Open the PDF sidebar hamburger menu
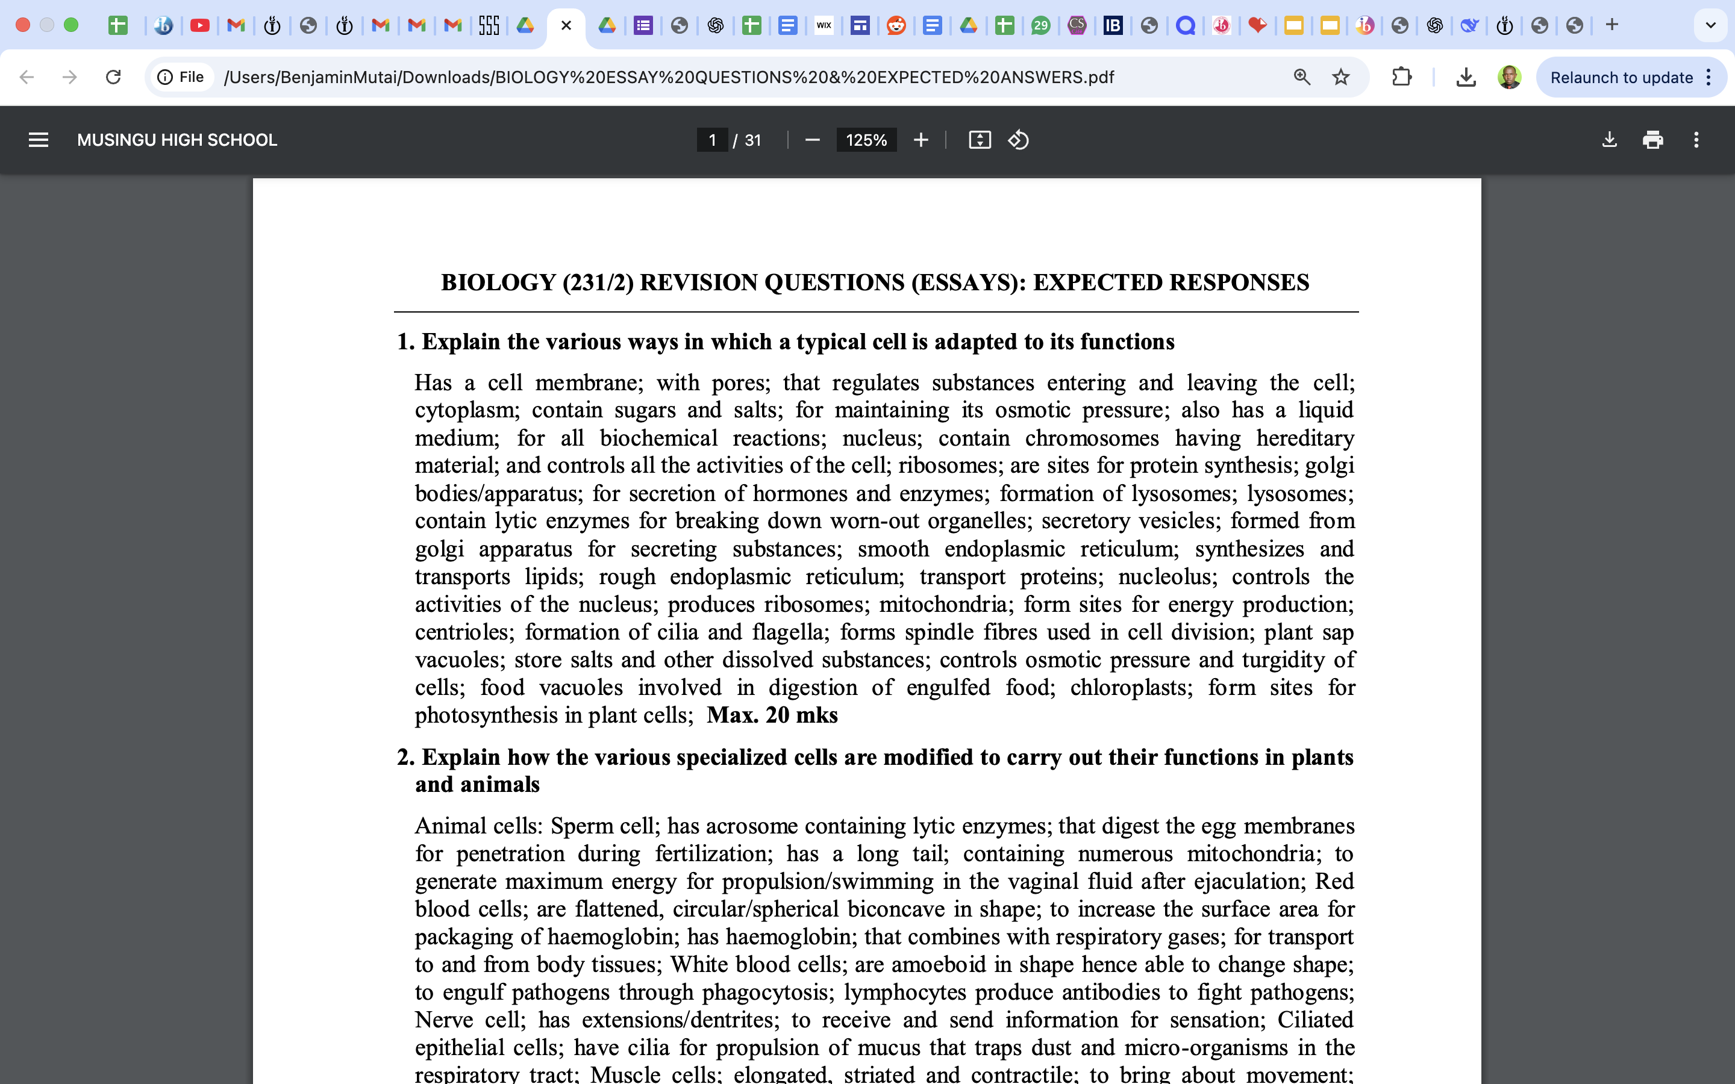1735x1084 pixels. click(x=39, y=140)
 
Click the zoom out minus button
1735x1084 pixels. click(x=811, y=140)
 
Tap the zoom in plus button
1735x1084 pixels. click(x=921, y=140)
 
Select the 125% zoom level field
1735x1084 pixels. click(x=866, y=140)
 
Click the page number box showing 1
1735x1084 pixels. click(x=712, y=140)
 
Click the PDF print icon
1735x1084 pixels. click(x=1652, y=140)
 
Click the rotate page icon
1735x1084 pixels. click(x=1018, y=140)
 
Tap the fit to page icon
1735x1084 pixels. click(x=980, y=140)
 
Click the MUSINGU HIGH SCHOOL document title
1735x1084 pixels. click(x=177, y=140)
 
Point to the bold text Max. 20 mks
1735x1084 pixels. click(x=772, y=715)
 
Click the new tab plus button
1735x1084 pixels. click(x=1612, y=25)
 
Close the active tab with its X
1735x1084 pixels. click(x=566, y=26)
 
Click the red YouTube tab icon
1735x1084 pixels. click(x=200, y=26)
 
